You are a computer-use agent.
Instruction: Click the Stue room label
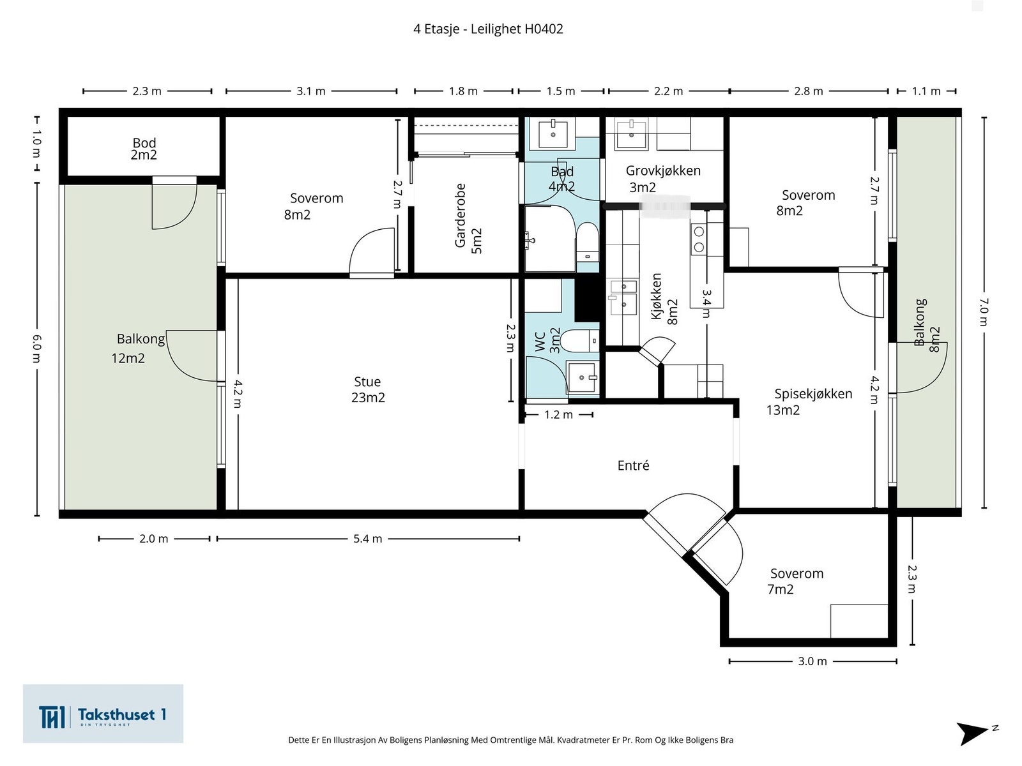pos(367,382)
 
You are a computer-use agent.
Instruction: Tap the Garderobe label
pos(460,215)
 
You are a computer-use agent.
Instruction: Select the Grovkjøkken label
pos(663,170)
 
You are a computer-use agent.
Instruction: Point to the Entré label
pos(633,465)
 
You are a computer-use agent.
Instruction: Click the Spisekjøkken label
pos(813,394)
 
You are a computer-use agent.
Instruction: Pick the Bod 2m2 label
pos(144,149)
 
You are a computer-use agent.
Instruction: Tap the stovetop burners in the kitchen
pos(698,239)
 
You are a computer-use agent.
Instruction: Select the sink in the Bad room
pos(553,134)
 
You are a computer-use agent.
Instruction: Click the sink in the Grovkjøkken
pos(631,134)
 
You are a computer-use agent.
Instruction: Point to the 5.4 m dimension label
pos(368,539)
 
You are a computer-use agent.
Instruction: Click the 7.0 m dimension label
pos(983,312)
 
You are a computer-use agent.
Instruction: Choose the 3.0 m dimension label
pos(812,661)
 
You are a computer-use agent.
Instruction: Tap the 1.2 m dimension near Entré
pos(559,414)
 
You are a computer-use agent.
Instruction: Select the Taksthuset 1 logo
pos(103,714)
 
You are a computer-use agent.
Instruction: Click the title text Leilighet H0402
pos(517,29)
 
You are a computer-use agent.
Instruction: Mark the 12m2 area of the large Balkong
pos(128,358)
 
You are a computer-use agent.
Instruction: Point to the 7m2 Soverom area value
pos(781,589)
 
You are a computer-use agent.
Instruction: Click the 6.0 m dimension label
pos(37,349)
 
